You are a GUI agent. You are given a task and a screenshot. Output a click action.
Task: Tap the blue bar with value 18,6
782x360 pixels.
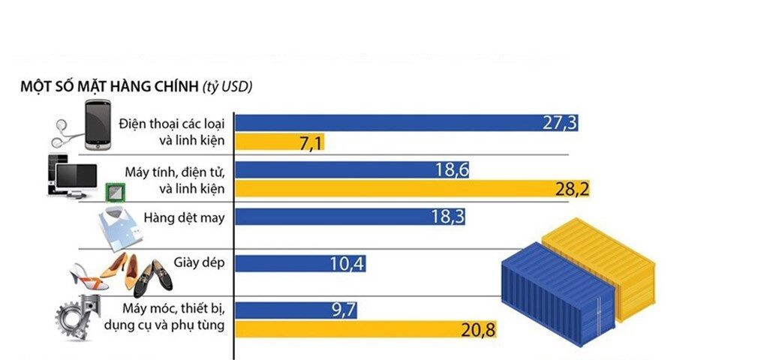(353, 170)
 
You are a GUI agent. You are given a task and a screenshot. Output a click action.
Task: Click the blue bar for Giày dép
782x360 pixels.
(301, 263)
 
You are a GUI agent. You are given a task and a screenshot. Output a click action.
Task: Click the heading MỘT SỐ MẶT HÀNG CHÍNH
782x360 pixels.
(110, 87)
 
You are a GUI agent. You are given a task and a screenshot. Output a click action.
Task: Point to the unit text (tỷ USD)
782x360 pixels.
(227, 87)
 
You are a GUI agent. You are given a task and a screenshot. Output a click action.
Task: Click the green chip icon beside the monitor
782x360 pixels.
(114, 193)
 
